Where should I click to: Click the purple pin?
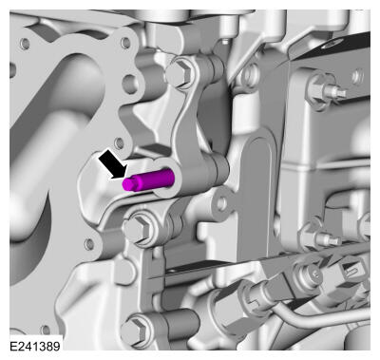[x=148, y=180]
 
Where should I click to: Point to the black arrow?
[x=112, y=165]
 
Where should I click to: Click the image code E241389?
[x=35, y=346]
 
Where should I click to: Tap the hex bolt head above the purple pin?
[x=178, y=74]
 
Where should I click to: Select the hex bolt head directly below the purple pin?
[x=137, y=228]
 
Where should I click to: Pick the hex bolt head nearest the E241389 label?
[x=135, y=331]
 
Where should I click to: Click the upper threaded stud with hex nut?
[x=325, y=91]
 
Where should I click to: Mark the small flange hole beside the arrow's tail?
[x=119, y=143]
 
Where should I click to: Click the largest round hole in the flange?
[x=130, y=84]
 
